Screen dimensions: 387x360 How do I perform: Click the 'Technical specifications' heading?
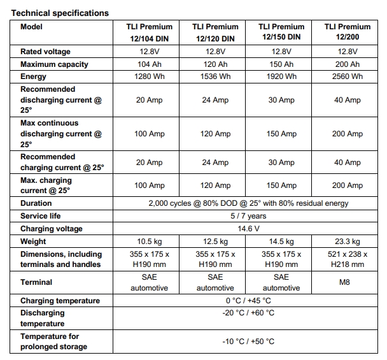(60, 13)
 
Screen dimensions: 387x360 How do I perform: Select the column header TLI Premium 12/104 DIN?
(150, 32)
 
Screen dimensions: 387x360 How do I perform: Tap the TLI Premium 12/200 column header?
(348, 32)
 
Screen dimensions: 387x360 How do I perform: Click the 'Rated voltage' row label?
(45, 52)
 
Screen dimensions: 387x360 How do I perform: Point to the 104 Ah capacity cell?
(150, 64)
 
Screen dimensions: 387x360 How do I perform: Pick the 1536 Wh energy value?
(215, 76)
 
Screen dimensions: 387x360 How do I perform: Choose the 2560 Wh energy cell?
(348, 76)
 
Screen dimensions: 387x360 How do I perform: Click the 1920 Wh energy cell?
(281, 76)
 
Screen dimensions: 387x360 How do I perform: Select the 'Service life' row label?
(41, 216)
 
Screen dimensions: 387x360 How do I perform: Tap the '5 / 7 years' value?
(248, 216)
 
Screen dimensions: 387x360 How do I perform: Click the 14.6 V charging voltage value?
(248, 229)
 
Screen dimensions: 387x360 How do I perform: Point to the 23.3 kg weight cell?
(348, 241)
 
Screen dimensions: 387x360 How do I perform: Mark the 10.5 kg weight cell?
(150, 241)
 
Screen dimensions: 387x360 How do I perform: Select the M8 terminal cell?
(344, 282)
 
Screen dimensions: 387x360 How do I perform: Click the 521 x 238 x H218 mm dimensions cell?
(348, 259)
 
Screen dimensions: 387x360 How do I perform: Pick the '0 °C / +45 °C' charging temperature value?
(248, 301)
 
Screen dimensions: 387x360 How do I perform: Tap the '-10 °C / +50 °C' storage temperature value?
(248, 342)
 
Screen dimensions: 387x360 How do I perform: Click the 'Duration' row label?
(36, 203)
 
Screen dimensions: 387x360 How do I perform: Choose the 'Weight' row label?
(33, 241)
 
